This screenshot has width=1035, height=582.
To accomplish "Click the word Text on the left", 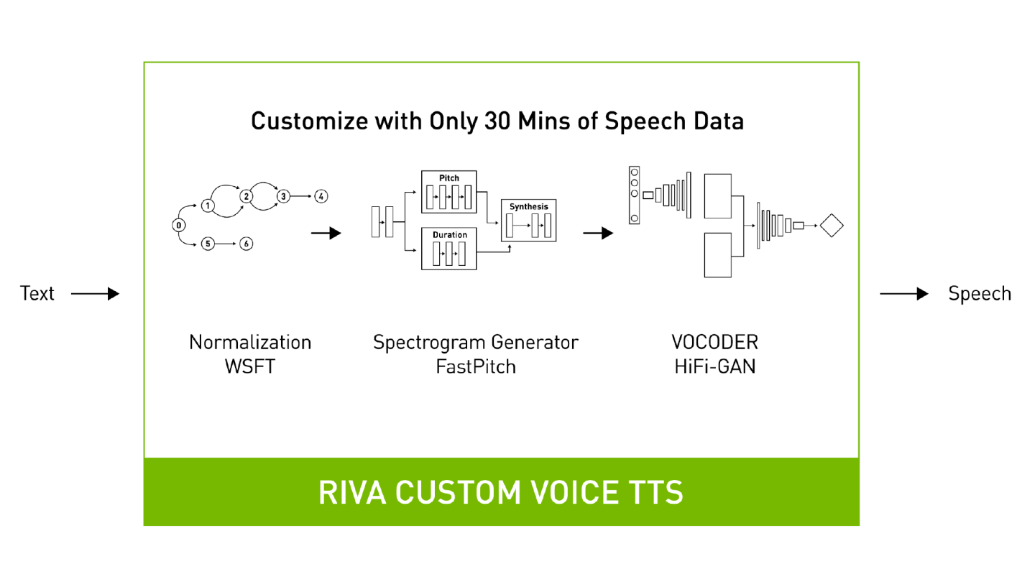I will [37, 293].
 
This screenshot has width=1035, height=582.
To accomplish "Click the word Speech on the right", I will [979, 293].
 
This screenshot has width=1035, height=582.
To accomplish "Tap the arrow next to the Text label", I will [95, 293].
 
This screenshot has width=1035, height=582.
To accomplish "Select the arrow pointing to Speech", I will [904, 293].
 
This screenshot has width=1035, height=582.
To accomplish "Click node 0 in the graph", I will [178, 226].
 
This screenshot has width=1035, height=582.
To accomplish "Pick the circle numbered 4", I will [321, 195].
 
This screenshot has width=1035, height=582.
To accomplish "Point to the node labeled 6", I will [246, 244].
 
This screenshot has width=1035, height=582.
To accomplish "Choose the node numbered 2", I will [246, 195].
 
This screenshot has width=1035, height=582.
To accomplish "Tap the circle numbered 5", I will [208, 244].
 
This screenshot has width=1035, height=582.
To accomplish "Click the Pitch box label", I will [449, 177].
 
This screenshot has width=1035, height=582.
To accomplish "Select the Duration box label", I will [449, 235].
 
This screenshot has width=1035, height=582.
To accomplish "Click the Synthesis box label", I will [528, 206].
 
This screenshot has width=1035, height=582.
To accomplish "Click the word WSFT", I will [250, 366].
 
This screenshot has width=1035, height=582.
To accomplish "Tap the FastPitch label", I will [475, 366].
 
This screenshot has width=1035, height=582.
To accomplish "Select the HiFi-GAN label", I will [714, 366].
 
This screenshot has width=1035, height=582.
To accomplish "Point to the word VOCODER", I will [714, 342].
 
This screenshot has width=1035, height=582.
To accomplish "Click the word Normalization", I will [250, 342].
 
